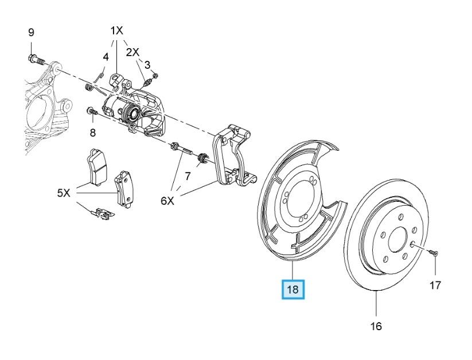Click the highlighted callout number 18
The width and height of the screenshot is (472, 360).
click(x=292, y=289)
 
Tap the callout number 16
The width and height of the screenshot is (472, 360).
click(x=376, y=326)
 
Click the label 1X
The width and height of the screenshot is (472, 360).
click(x=116, y=30)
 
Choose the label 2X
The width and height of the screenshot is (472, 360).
click(x=132, y=52)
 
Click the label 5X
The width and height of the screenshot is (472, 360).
click(x=64, y=193)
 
